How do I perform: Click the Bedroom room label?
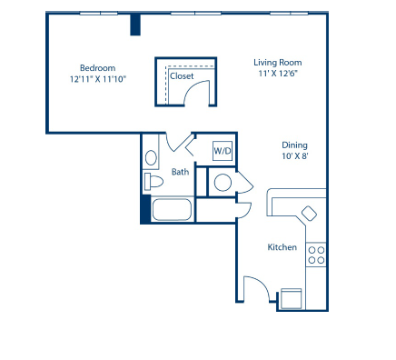(x=97, y=67)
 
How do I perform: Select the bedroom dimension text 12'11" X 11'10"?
(x=97, y=79)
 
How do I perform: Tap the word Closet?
(x=182, y=76)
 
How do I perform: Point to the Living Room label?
(x=276, y=62)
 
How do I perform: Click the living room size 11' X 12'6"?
(x=276, y=74)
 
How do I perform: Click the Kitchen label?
(x=282, y=247)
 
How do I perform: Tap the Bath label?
(x=180, y=171)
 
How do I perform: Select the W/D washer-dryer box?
(x=223, y=151)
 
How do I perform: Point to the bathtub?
(x=172, y=210)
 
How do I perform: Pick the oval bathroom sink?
(x=152, y=155)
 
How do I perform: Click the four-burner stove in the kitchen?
(x=316, y=255)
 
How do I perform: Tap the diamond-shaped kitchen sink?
(x=310, y=214)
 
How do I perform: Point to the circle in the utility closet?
(x=222, y=183)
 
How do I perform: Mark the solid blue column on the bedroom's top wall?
(x=135, y=25)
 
